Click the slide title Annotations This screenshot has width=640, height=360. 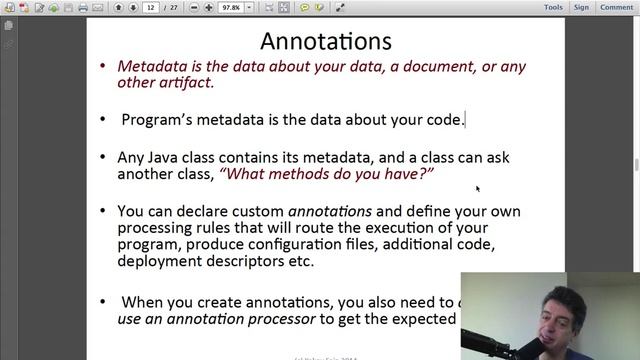coord(325,42)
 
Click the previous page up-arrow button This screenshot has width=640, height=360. coord(118,7)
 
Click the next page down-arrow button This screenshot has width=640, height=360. coord(132,7)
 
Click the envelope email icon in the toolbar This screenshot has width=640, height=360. coord(94,7)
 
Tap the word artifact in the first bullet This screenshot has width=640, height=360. coord(185,83)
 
